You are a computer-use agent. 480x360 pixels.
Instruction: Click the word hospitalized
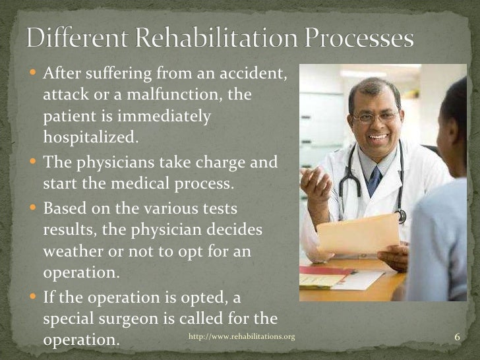[92, 137]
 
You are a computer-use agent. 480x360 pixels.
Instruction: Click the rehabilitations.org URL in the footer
[241, 337]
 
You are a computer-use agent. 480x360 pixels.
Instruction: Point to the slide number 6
[457, 338]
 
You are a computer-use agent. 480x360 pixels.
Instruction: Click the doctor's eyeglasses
[374, 118]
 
